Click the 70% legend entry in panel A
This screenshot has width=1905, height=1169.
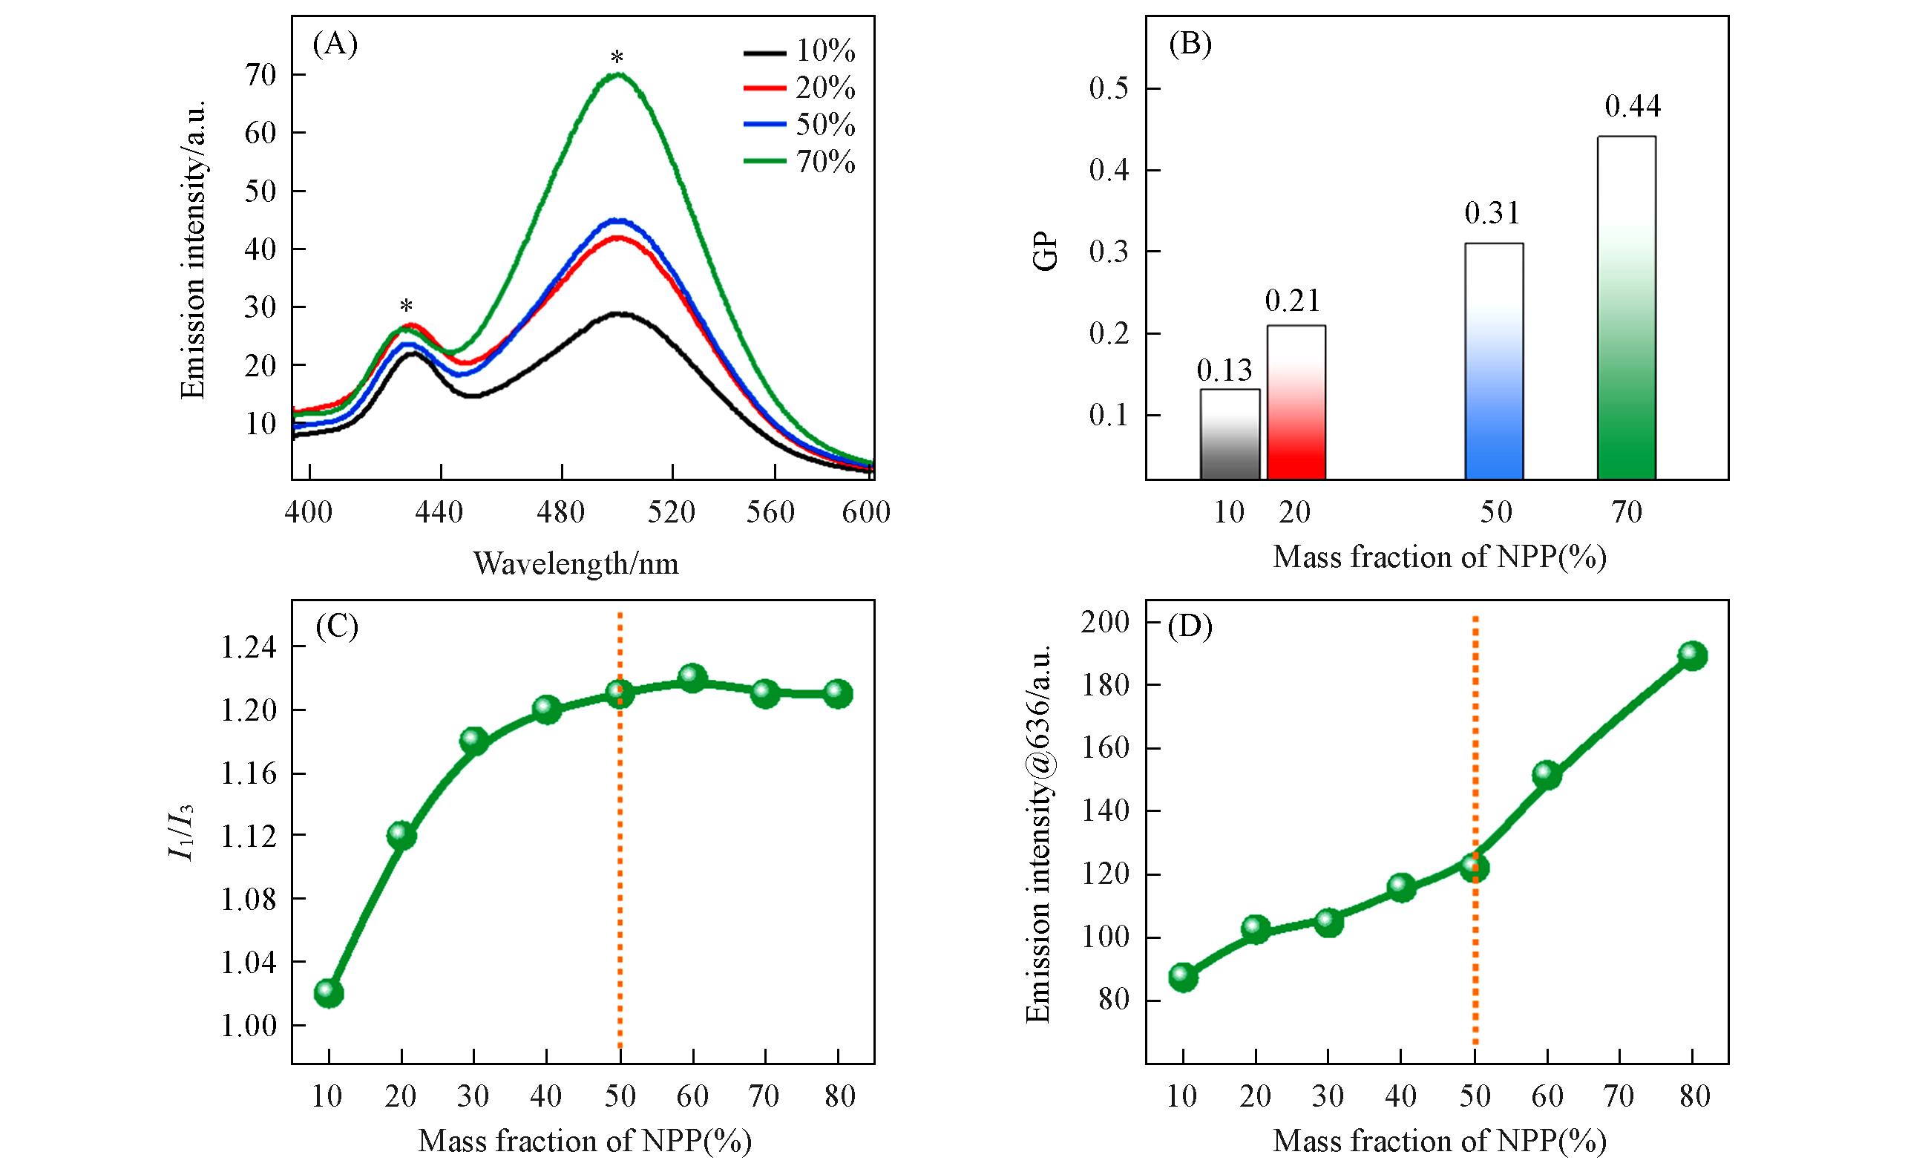click(799, 163)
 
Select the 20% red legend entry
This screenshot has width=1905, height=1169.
click(799, 89)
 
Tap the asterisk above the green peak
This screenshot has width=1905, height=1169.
click(617, 58)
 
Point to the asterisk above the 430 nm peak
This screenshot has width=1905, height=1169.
click(406, 306)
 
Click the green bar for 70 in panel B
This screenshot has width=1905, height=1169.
click(1627, 310)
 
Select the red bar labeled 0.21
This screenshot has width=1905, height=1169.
click(1296, 402)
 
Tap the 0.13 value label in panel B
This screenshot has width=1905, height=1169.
click(1224, 371)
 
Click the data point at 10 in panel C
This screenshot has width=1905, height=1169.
click(329, 993)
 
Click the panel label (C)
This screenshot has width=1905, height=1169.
click(336, 627)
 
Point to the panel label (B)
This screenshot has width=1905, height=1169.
click(1189, 45)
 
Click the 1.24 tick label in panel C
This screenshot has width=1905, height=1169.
click(247, 648)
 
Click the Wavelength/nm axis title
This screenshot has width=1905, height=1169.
click(576, 563)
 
